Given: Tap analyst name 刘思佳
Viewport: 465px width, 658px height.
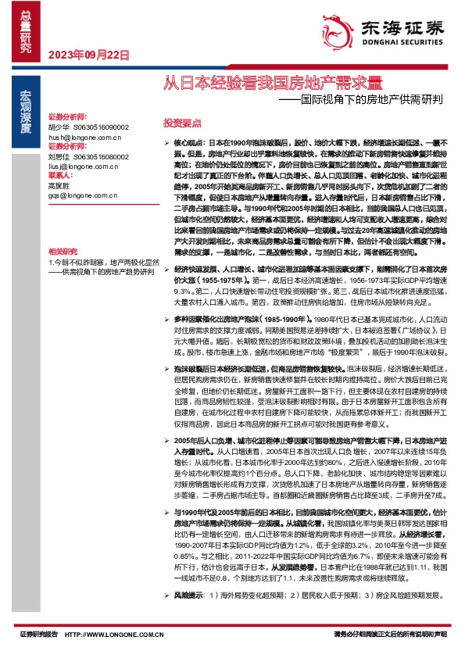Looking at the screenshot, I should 58,156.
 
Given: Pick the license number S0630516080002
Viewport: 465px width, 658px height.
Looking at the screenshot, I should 101,156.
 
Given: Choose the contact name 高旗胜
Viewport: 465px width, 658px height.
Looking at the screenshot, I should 58,186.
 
